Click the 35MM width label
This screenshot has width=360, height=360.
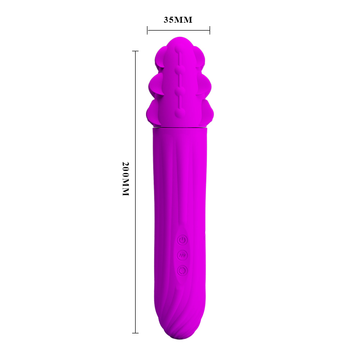178,20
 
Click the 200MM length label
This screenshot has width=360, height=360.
126,179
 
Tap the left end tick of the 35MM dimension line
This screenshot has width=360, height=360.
147,30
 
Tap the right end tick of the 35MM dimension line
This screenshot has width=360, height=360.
210,30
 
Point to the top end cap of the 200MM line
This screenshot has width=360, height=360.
136,51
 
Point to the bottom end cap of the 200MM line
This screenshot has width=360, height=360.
136,333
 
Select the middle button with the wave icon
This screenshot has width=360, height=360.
182,255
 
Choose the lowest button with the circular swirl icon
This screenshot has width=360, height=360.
182,271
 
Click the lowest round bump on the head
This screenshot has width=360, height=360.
180,113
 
